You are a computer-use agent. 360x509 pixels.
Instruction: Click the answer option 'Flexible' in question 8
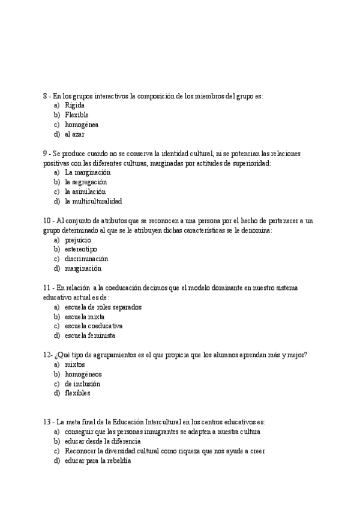coord(76,115)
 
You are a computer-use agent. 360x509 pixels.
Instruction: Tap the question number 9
coord(46,153)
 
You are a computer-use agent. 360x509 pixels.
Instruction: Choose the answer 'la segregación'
coord(85,182)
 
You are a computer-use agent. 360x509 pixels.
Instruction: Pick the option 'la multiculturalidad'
coord(93,201)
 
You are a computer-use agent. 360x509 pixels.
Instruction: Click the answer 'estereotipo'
coord(81,249)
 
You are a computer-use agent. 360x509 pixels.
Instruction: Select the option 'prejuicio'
coord(77,239)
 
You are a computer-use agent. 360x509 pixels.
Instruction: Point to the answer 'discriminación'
coord(86,259)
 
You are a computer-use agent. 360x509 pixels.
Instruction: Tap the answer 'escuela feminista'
coord(90,336)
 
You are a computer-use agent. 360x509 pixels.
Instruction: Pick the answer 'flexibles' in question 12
coord(77,393)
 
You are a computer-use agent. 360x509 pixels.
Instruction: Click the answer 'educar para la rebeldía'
coord(97,460)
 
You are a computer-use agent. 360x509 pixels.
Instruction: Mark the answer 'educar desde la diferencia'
coord(102,441)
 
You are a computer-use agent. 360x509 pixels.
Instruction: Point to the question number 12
coord(46,355)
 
